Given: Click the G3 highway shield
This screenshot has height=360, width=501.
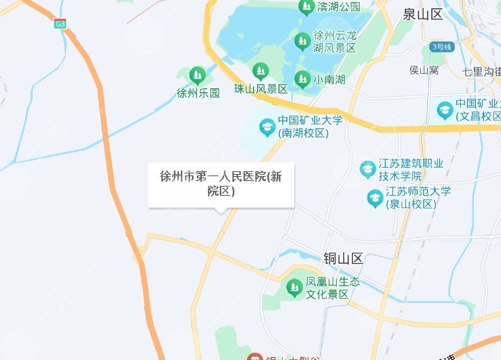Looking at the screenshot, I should (61, 23).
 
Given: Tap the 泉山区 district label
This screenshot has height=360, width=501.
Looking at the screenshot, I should (423, 14).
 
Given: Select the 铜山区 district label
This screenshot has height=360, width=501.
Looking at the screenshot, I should (343, 259).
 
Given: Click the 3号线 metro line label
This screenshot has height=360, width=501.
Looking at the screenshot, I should (442, 47).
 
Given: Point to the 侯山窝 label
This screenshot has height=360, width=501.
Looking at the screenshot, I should (424, 70).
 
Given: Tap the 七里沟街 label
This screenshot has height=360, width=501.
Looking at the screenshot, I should (481, 71).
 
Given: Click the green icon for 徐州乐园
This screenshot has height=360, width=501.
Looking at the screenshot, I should (198, 75).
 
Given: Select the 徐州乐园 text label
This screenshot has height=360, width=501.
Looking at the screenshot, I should (198, 92).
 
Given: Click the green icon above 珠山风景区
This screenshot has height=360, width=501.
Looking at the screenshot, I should (260, 71).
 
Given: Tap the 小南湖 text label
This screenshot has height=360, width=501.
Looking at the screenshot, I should (329, 79).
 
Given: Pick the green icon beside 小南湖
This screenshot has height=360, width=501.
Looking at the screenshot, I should (302, 79).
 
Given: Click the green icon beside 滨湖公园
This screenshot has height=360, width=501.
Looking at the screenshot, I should (305, 8).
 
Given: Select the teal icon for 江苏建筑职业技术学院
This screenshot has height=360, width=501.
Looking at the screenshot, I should (367, 169).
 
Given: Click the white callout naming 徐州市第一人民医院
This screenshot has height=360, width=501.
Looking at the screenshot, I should (221, 185).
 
